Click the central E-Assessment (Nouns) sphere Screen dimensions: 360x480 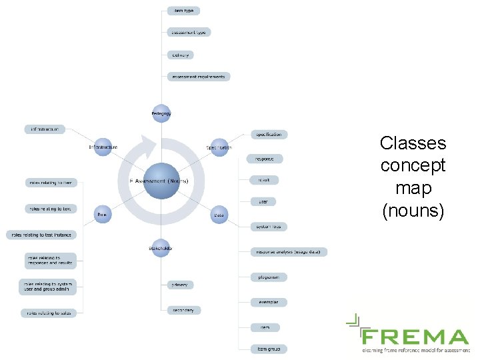coord(161,181)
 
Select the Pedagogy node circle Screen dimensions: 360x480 coord(161,113)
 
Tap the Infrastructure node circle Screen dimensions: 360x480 coord(103,147)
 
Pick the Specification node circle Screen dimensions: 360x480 coord(219,147)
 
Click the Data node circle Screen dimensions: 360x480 coord(219,215)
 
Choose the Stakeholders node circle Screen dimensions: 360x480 coord(161,248)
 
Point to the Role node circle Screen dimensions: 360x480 coord(103,214)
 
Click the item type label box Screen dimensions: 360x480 coord(183,11)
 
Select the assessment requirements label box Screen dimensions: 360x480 coord(199,77)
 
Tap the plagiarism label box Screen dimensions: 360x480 coord(269,277)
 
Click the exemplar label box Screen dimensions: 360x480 coord(269,302)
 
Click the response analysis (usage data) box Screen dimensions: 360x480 coord(289,252)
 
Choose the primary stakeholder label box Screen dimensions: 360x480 coord(179,285)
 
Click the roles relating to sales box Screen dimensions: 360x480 coord(49,313)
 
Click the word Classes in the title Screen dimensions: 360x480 coord(413,143)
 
